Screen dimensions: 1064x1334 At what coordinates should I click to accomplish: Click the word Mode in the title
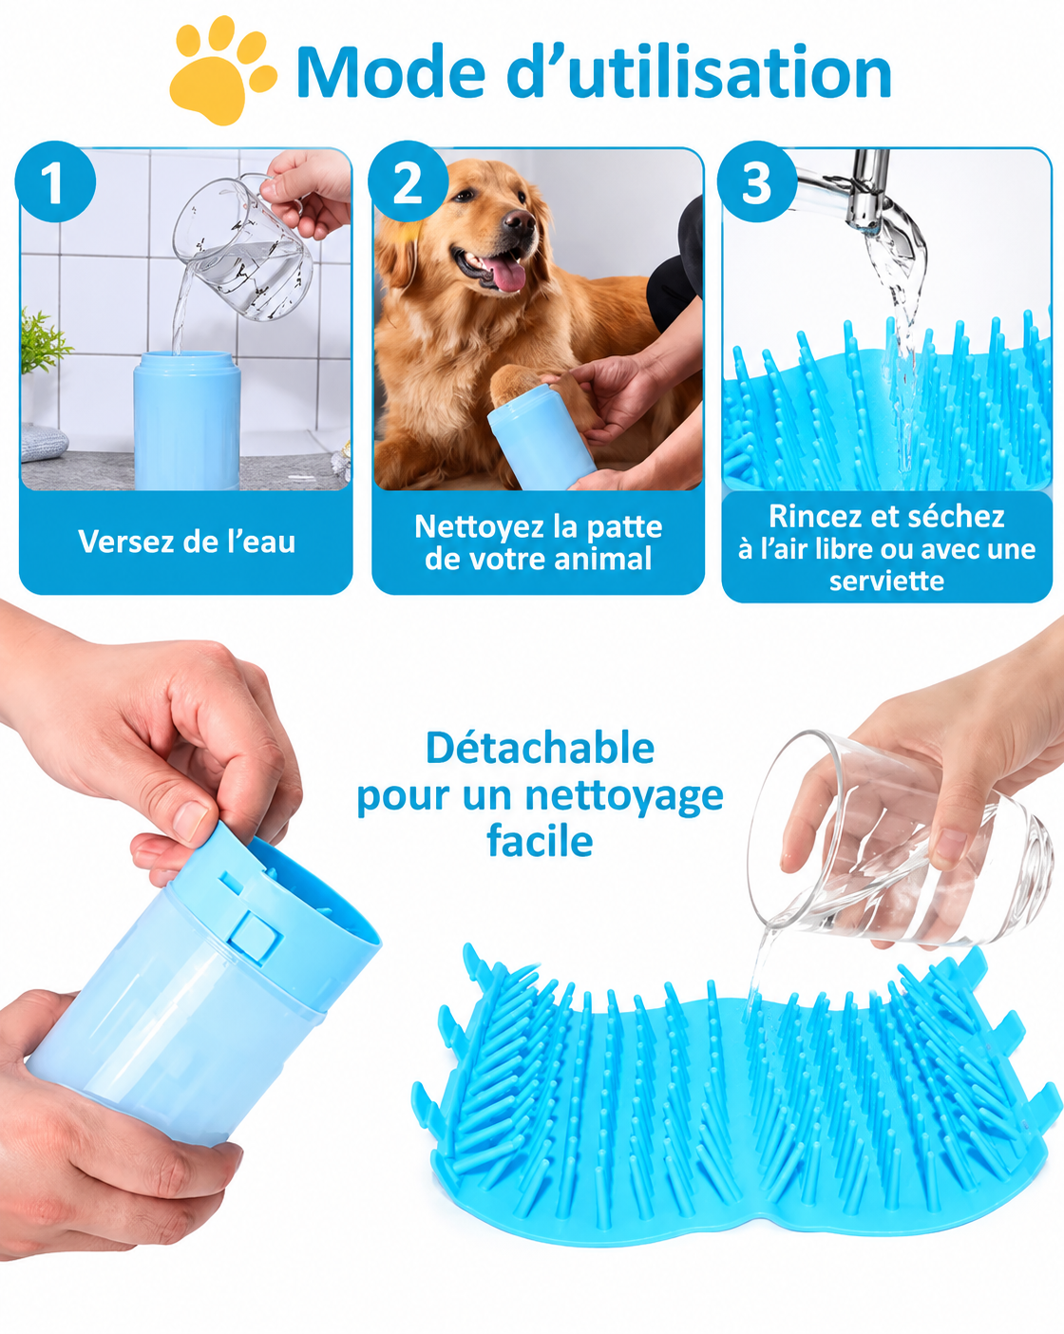390,72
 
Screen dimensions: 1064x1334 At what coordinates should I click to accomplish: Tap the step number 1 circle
55,181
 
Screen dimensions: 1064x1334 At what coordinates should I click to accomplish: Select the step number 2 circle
408,181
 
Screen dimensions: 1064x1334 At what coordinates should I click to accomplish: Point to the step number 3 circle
757,181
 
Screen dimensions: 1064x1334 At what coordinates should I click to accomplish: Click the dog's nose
519,220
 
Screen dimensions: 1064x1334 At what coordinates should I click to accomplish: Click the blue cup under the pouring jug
186,420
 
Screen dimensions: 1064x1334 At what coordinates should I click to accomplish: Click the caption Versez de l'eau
186,542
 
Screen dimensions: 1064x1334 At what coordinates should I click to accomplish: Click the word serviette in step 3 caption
886,581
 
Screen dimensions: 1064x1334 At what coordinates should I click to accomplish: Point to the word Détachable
540,748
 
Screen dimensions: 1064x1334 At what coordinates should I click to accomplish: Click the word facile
540,841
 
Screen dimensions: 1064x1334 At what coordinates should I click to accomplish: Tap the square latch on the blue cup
253,935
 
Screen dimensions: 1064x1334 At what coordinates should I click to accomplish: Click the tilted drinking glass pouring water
899,843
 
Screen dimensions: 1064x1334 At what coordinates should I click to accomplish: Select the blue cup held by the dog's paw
541,437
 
